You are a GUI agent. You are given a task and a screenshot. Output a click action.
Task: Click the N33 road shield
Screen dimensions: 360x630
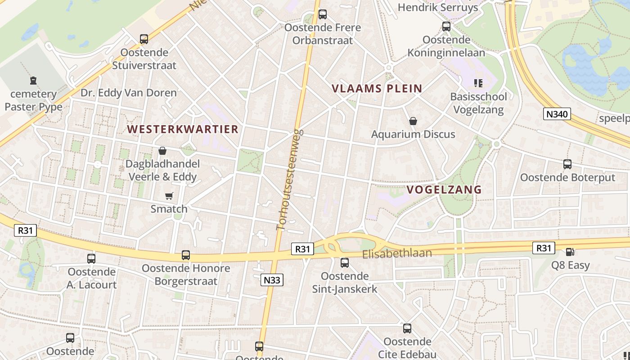coord(272,280)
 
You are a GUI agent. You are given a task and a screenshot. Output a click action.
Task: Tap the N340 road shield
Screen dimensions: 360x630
coord(557,114)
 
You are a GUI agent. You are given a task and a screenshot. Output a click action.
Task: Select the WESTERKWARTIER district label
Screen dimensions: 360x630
coord(183,129)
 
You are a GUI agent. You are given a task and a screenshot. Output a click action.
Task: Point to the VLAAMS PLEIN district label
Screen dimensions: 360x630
coord(377,89)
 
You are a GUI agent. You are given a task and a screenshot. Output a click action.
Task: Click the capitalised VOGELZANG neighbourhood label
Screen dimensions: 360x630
coord(444,189)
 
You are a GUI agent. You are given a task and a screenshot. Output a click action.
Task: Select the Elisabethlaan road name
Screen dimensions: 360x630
coord(397,253)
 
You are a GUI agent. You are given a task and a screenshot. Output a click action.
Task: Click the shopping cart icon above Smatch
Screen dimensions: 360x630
coord(169,196)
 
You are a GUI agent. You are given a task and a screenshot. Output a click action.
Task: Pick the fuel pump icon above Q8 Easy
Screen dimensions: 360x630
coord(570,252)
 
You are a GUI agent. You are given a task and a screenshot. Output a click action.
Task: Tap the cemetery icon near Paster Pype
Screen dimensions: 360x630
coord(33,81)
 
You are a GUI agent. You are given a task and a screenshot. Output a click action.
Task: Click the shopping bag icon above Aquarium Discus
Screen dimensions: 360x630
coord(413,121)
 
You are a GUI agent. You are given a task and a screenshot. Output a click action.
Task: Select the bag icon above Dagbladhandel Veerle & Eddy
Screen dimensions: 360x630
coord(162,150)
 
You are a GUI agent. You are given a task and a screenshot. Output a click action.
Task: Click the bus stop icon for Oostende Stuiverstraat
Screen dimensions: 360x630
coord(144,39)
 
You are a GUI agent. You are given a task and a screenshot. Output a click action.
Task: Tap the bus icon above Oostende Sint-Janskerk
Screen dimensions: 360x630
coord(345,263)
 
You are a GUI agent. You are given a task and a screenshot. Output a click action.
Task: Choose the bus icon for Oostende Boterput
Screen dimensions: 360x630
coord(567,164)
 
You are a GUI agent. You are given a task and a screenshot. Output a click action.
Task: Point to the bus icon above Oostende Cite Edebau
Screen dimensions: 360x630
coord(407,328)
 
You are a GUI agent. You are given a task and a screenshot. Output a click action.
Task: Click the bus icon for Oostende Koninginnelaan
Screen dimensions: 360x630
coord(446,27)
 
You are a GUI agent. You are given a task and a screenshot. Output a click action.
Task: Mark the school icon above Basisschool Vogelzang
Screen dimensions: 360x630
coord(478,83)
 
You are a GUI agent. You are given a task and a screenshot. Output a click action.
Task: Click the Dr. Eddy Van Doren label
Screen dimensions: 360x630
coord(129,93)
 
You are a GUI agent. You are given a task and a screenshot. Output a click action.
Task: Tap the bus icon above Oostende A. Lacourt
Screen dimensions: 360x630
coord(91,259)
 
